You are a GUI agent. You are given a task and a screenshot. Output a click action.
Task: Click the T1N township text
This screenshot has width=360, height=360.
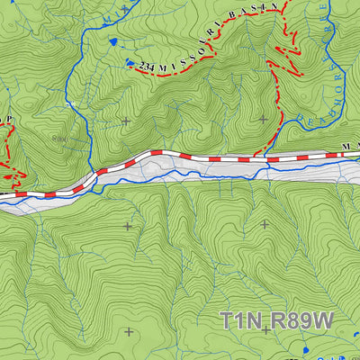pos(242,320)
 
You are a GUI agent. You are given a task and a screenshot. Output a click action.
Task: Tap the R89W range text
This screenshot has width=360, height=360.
pos(300,320)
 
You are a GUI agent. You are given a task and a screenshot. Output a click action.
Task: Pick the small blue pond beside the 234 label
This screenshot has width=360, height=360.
pos(130,62)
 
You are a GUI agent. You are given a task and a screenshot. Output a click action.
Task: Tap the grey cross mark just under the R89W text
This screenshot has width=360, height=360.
pos(265,330)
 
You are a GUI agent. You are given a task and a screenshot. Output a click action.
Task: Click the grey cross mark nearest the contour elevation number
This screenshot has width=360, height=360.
pos(125,120)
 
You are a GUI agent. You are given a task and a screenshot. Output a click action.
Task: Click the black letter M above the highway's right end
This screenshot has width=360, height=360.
pos(346,146)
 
